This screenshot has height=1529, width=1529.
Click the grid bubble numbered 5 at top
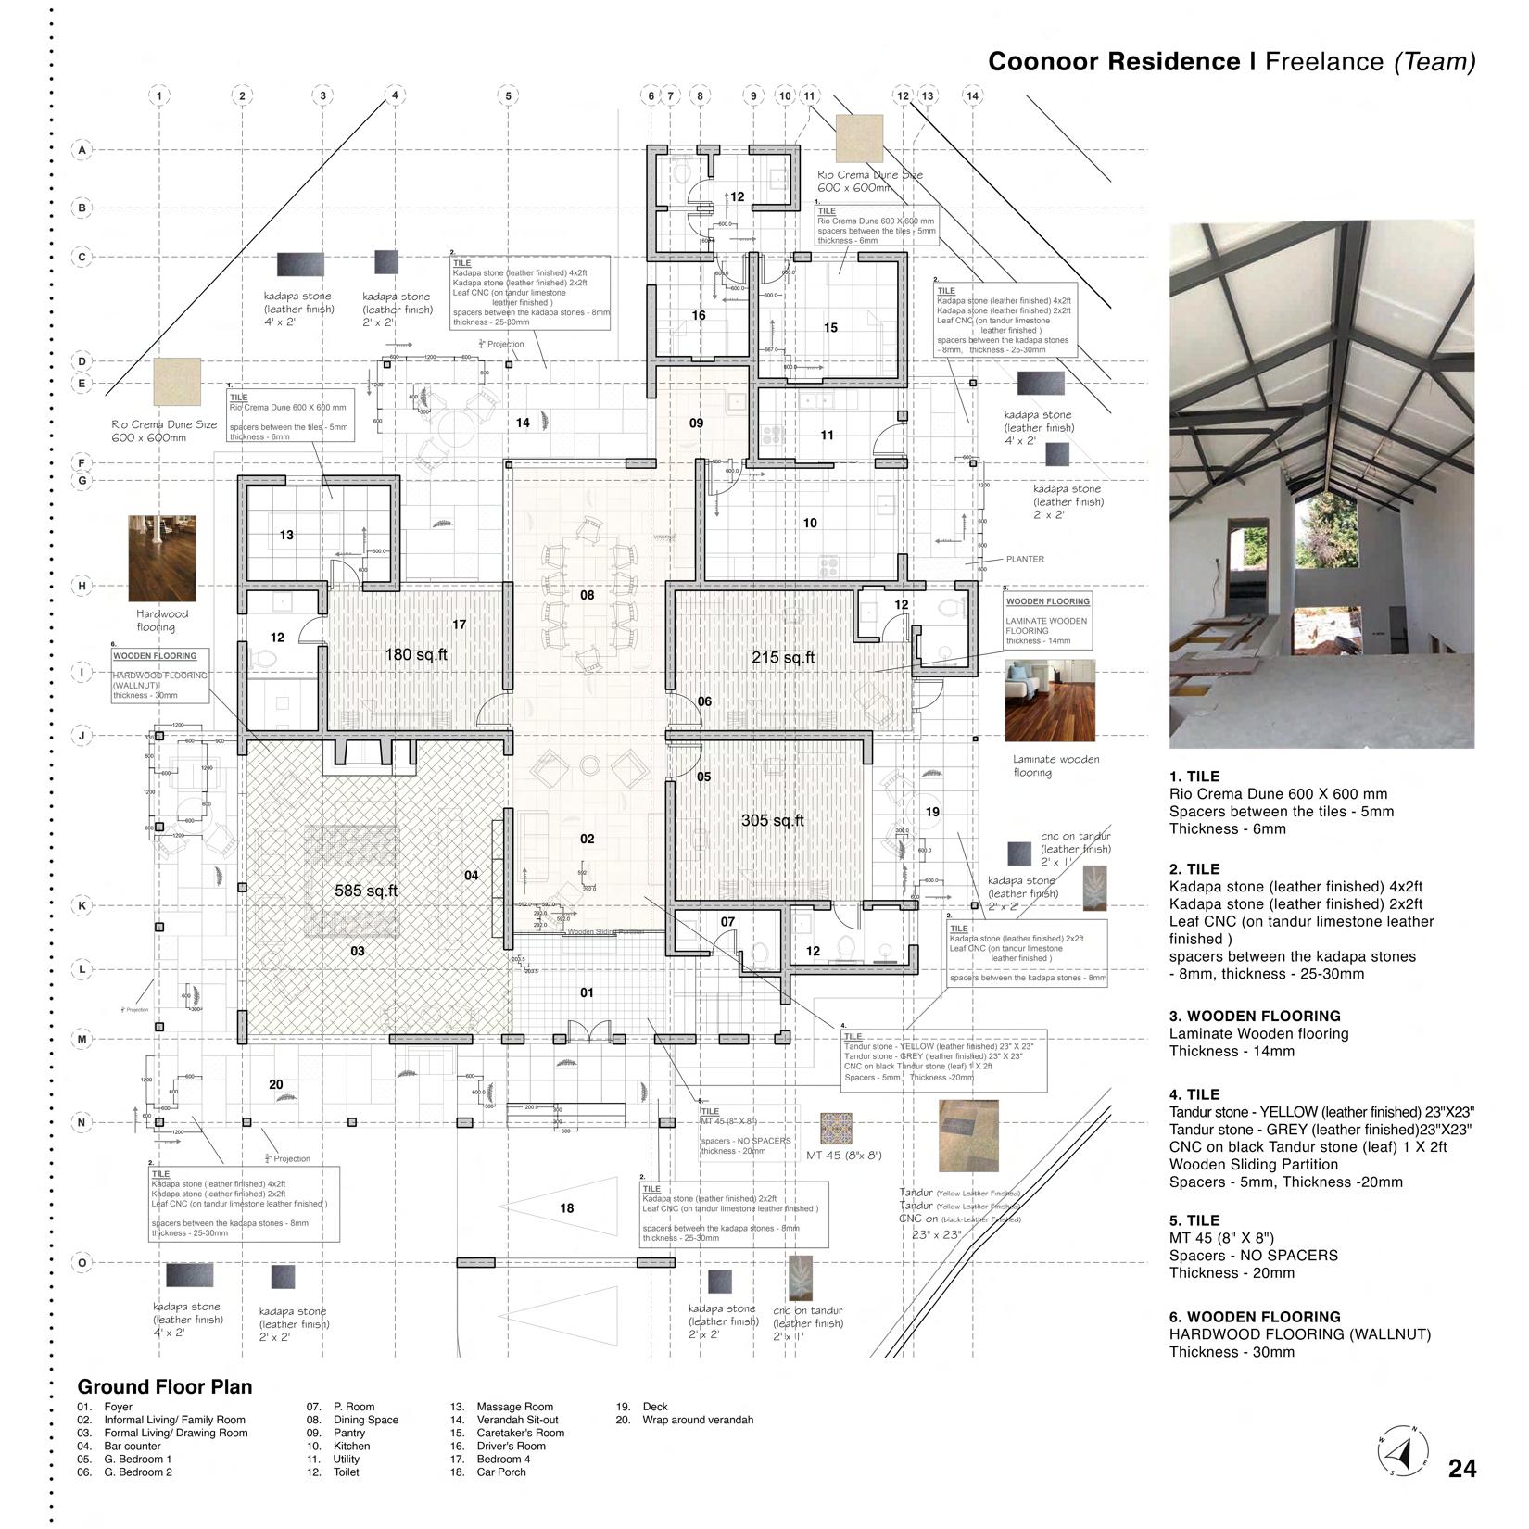point(508,95)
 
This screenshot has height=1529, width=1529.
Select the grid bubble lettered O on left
point(82,1262)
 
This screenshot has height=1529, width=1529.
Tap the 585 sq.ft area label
point(366,891)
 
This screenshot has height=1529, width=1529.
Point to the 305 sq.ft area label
point(773,820)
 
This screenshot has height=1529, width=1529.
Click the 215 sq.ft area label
point(783,658)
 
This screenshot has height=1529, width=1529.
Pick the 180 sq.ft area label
point(416,655)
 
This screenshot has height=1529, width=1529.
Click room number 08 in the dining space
point(587,595)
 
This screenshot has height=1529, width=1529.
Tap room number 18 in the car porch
point(567,1208)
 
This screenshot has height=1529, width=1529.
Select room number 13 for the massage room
point(286,535)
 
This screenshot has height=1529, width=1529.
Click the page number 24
point(1462,1469)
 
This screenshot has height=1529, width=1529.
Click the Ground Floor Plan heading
point(164,1387)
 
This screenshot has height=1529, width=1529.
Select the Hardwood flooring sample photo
point(163,558)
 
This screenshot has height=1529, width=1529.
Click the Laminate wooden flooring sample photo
point(1050,700)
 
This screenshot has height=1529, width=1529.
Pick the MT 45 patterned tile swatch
point(836,1128)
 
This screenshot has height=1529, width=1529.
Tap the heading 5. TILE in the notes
point(1194,1220)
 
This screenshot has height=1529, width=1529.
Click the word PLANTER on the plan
point(1025,559)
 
